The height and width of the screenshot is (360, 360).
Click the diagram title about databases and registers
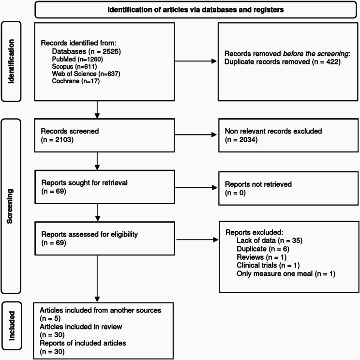(195, 10)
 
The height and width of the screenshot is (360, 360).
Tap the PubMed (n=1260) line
(77, 59)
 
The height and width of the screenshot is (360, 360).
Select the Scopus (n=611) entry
(75, 67)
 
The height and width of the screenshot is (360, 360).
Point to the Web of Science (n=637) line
(86, 74)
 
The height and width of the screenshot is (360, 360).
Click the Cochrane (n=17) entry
(76, 81)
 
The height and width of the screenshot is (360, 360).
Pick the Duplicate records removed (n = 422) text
(283, 62)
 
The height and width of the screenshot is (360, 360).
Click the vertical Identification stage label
(11, 61)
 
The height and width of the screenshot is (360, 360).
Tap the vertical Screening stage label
(10, 206)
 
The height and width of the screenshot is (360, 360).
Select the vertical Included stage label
(12, 326)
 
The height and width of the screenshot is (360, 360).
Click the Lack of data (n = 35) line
(270, 240)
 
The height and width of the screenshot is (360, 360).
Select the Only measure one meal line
(286, 274)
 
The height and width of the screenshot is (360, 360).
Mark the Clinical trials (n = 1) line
(268, 265)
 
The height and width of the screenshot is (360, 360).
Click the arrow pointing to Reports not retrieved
(196, 188)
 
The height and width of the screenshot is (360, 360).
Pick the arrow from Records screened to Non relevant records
(195, 135)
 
